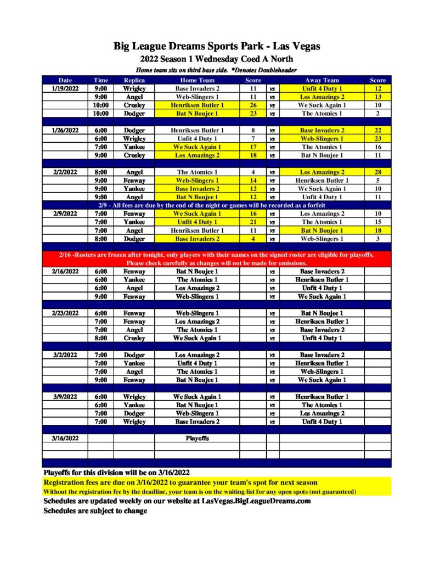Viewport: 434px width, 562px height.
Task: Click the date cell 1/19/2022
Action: tap(65, 88)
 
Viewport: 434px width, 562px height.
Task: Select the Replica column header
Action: tap(134, 80)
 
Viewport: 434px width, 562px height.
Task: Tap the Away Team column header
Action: tap(322, 80)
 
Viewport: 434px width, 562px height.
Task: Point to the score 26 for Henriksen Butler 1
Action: tap(253, 105)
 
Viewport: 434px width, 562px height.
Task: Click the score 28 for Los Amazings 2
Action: tap(377, 172)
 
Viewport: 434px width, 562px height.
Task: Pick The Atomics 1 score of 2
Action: tap(377, 114)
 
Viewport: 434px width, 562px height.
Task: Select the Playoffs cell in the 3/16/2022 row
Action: tap(197, 439)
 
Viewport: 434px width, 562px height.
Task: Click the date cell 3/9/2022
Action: tap(65, 397)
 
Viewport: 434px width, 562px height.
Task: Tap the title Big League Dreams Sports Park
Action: tap(217, 46)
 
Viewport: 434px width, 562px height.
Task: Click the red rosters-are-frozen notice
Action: tap(217, 259)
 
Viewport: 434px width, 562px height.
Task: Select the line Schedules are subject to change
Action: tap(95, 511)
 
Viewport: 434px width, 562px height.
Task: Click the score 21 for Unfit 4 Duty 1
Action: tap(253, 222)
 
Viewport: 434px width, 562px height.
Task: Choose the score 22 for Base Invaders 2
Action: tap(377, 130)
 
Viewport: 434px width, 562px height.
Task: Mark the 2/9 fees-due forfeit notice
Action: tap(217, 205)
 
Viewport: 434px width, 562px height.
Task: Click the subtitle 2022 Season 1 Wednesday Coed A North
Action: tap(217, 59)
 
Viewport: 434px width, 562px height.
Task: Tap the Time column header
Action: tap(100, 80)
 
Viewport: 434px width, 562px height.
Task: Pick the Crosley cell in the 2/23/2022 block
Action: tap(134, 338)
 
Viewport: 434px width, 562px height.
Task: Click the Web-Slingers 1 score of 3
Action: tap(377, 239)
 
